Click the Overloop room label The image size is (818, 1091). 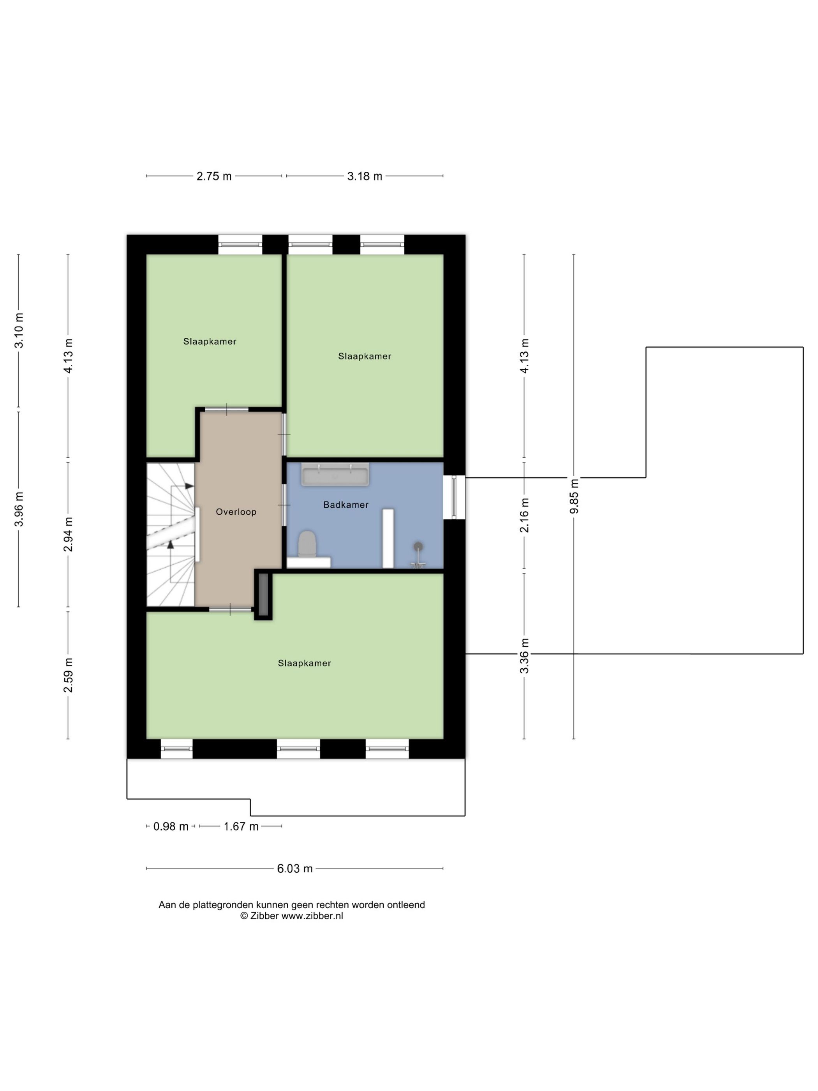(x=236, y=512)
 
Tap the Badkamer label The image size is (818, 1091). (x=346, y=504)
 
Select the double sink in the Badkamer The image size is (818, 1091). (x=335, y=475)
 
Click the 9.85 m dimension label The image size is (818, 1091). (x=573, y=496)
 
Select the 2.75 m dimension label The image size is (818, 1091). (x=214, y=176)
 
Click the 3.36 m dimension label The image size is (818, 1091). (x=524, y=655)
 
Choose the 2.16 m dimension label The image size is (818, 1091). (x=524, y=515)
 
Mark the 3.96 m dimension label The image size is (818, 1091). (x=19, y=509)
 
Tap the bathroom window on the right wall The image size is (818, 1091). (x=454, y=497)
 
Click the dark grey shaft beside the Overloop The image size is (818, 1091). (x=263, y=594)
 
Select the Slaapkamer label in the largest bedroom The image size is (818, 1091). (x=304, y=663)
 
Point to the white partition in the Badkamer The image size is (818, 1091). (x=388, y=538)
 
